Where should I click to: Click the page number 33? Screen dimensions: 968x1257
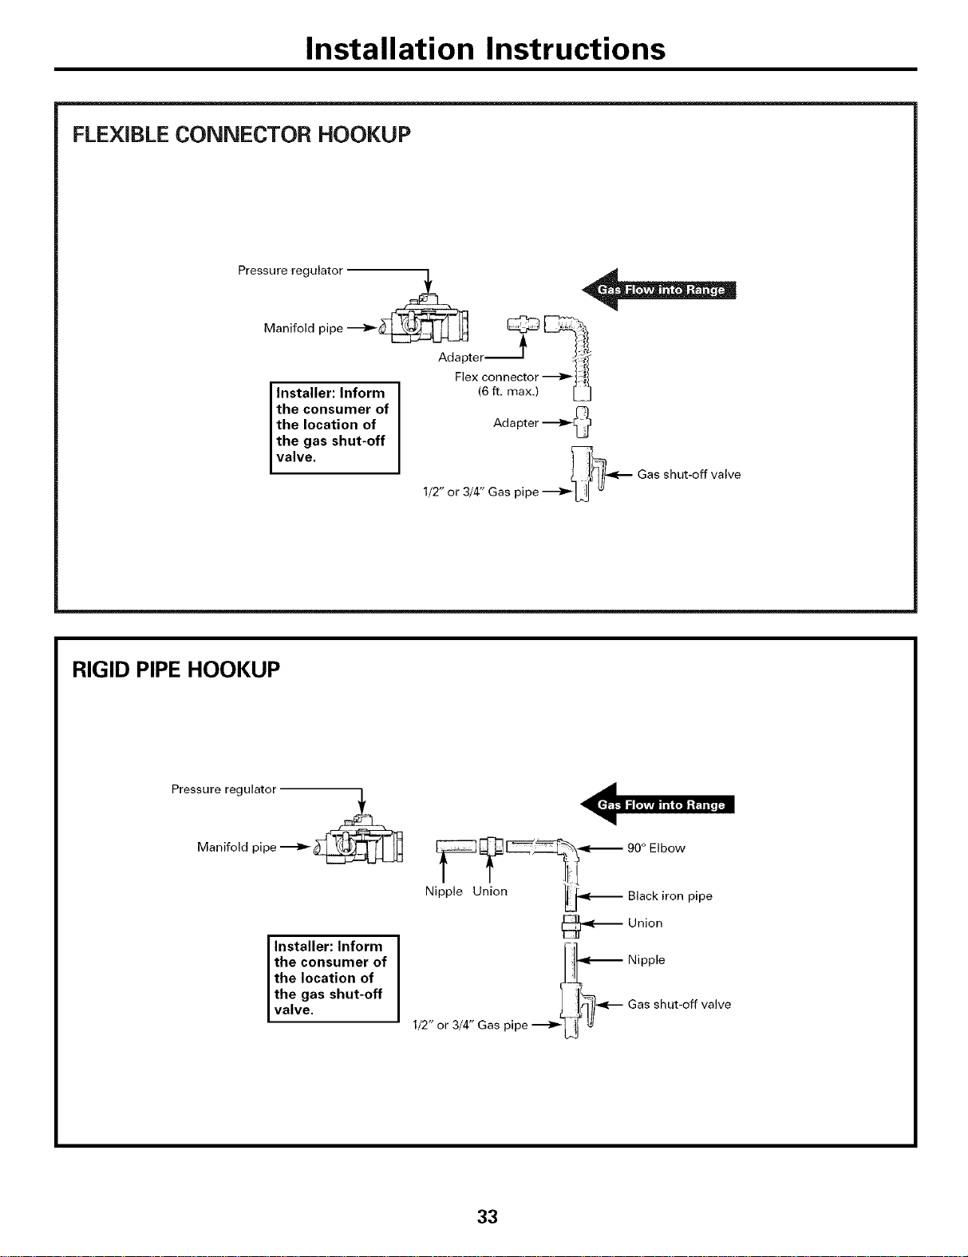[x=487, y=1216]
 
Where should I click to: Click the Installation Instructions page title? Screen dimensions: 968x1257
[x=485, y=49]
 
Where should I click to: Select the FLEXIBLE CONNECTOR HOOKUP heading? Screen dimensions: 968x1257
[x=241, y=134]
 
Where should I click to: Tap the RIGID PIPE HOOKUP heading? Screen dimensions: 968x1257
[x=176, y=670]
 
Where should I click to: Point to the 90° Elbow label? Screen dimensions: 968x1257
[x=656, y=848]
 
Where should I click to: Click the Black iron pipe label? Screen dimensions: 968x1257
[x=670, y=896]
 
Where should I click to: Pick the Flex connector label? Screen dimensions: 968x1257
[x=496, y=377]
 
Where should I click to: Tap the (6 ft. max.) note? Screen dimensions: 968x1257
[x=508, y=392]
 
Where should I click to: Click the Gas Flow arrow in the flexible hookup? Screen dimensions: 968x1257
[x=659, y=289]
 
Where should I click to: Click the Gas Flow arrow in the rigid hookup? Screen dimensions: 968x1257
[x=658, y=804]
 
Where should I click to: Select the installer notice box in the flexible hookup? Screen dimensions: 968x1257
[x=335, y=428]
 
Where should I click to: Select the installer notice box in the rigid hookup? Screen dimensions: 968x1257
[x=333, y=978]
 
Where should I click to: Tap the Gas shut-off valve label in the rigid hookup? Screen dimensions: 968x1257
[x=679, y=1004]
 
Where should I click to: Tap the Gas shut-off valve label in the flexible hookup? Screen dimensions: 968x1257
[x=689, y=474]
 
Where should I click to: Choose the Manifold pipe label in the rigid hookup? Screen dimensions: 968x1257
[x=236, y=848]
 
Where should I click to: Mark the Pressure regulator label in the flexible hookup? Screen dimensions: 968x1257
[x=290, y=270]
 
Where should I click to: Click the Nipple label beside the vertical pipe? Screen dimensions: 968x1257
[x=646, y=959]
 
